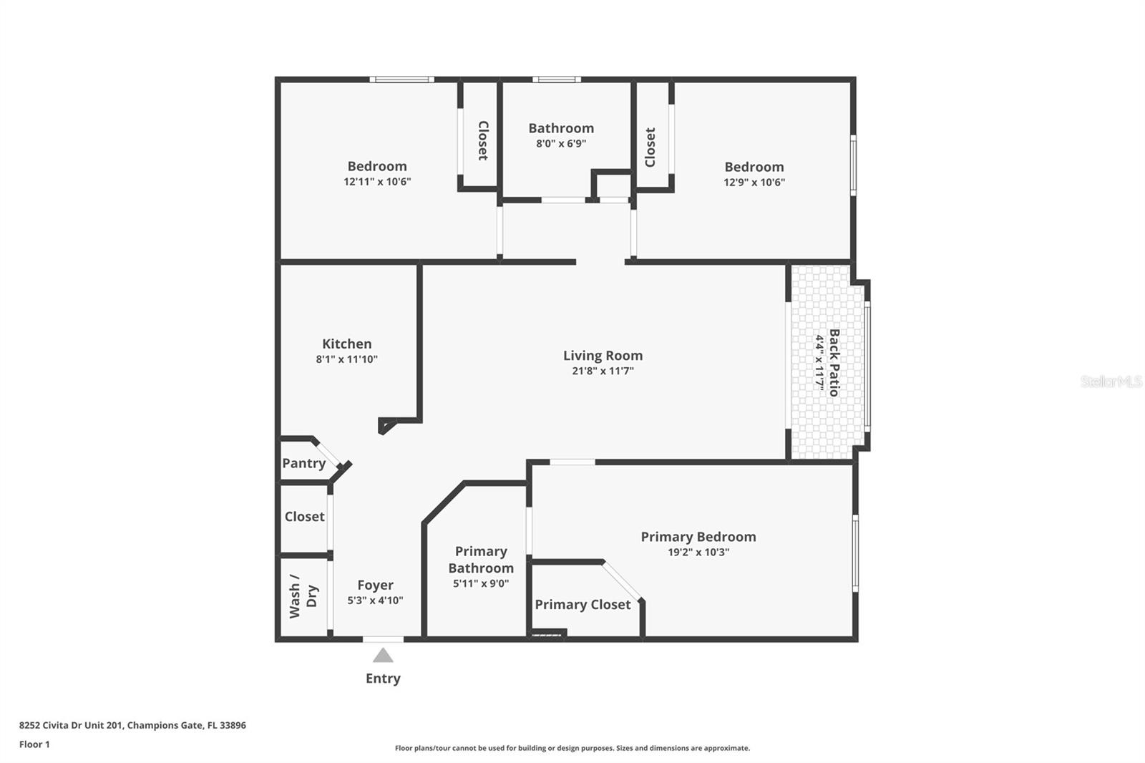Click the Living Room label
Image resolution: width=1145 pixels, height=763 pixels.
pyautogui.click(x=603, y=355)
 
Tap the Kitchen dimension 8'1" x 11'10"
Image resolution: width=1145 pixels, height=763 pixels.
pyautogui.click(x=346, y=359)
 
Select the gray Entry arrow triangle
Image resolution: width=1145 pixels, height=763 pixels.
pyautogui.click(x=383, y=655)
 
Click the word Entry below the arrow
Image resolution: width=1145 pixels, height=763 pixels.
pyautogui.click(x=383, y=678)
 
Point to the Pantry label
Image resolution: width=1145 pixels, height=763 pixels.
pyautogui.click(x=303, y=463)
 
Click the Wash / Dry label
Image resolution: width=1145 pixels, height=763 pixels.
pyautogui.click(x=303, y=596)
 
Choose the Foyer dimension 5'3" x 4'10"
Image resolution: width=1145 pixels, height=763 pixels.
pyautogui.click(x=375, y=601)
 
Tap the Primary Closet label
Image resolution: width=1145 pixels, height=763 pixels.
pyautogui.click(x=583, y=604)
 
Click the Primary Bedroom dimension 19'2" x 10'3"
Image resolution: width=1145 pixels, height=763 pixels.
pyautogui.click(x=698, y=552)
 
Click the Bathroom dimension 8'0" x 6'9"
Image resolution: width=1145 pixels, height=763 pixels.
pyautogui.click(x=561, y=143)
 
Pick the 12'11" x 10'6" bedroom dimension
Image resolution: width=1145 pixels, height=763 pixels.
pyautogui.click(x=377, y=182)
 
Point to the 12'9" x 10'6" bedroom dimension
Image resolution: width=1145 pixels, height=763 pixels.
pyautogui.click(x=754, y=183)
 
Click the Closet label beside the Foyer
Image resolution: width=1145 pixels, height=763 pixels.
pyautogui.click(x=304, y=516)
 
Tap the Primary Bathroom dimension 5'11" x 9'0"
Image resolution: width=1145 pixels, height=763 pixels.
pyautogui.click(x=481, y=583)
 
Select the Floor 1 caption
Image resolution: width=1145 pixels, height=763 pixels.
pyautogui.click(x=34, y=744)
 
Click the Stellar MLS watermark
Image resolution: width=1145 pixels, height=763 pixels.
pyautogui.click(x=1111, y=381)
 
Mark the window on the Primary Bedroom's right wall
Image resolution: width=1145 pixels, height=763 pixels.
pyautogui.click(x=855, y=553)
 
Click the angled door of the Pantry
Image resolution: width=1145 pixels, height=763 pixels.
pyautogui.click(x=329, y=454)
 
